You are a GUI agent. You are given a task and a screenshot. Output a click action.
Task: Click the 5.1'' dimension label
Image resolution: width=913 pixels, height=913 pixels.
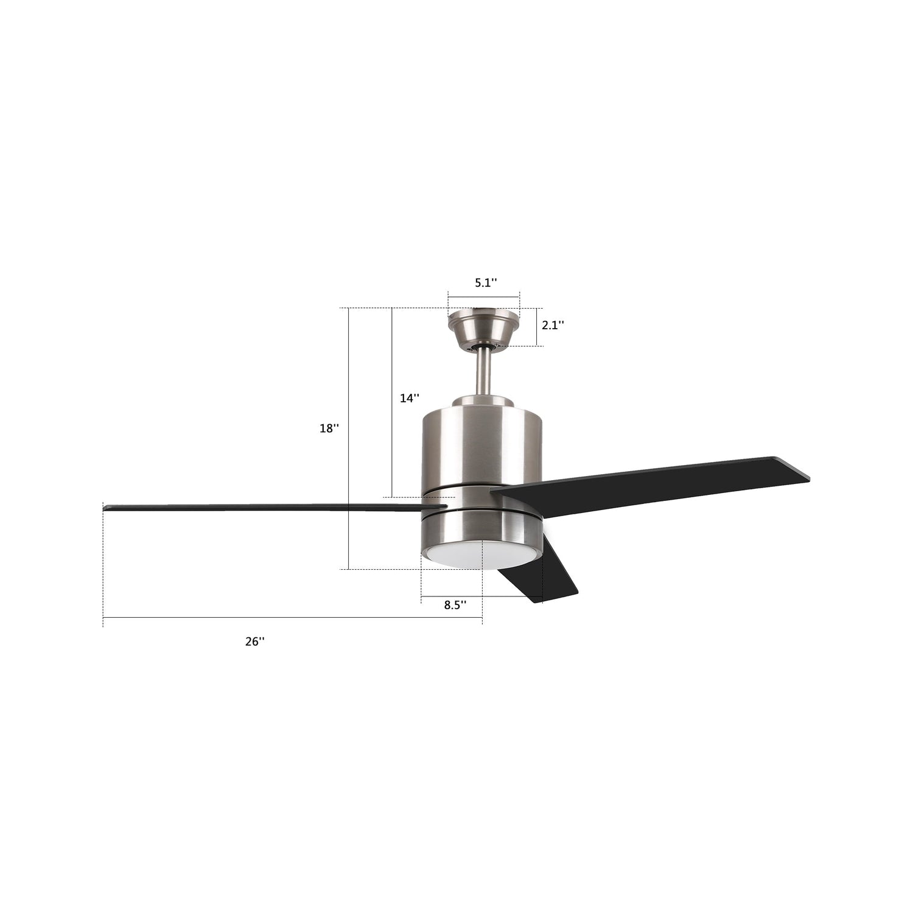coord(486,282)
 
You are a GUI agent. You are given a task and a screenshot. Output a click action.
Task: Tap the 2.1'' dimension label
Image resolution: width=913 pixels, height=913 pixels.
coord(553,325)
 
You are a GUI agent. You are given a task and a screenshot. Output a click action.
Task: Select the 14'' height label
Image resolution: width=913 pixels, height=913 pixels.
coord(409,398)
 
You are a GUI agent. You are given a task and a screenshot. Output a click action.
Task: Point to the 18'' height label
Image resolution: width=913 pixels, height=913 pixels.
coord(329,429)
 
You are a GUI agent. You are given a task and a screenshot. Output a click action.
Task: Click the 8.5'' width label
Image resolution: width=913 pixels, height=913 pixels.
coord(455,605)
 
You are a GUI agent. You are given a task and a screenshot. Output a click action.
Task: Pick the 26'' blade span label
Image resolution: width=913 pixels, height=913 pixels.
coord(255,642)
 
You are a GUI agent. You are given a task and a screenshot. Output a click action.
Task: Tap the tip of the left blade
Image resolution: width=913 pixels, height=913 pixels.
coord(107,506)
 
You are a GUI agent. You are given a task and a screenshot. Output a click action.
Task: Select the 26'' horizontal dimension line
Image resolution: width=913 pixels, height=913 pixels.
coord(292,618)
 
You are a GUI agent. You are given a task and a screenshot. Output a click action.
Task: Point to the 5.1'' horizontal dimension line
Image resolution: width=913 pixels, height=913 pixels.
coord(484,297)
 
